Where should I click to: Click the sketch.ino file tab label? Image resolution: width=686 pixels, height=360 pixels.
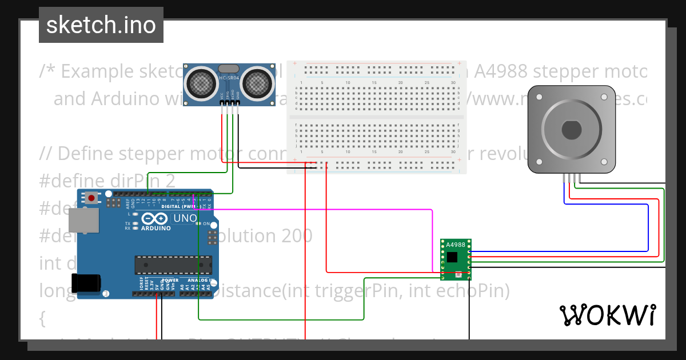coord(101,25)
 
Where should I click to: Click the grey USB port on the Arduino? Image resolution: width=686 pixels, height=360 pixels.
coord(82,220)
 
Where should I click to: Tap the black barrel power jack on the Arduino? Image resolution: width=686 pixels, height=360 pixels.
coord(86,284)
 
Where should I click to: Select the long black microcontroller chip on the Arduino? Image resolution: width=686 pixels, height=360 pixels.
coord(173,265)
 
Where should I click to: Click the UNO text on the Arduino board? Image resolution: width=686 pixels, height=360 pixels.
coord(185,218)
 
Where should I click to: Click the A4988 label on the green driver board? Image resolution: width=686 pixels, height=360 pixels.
coord(456,245)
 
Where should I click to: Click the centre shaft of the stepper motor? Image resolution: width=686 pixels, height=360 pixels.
coord(571,130)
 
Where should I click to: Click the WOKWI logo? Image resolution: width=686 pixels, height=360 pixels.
coord(607,315)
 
